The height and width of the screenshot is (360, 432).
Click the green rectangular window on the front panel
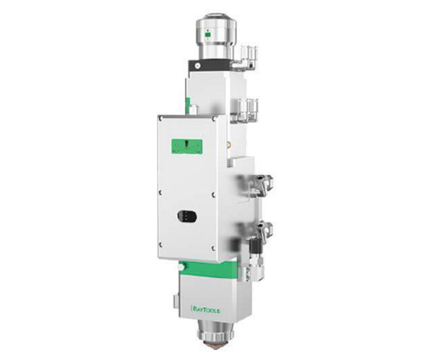(186, 146)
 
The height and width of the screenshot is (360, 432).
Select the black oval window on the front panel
(187, 216)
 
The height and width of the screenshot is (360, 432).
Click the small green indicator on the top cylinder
(207, 35)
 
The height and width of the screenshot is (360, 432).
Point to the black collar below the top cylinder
(209, 66)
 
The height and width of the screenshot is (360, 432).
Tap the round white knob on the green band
(181, 267)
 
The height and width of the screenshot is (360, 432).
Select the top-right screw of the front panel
(214, 119)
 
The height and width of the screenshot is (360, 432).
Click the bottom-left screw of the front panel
(161, 245)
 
